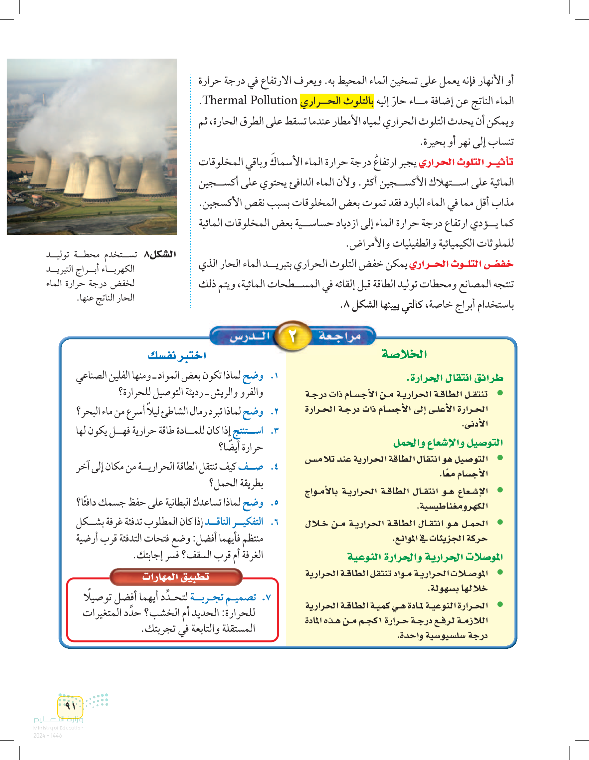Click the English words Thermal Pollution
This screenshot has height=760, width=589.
(x=250, y=101)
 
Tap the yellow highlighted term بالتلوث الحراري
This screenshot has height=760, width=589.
(x=336, y=101)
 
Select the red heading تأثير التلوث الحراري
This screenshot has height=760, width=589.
(x=466, y=162)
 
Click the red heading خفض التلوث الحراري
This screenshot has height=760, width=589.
(x=461, y=264)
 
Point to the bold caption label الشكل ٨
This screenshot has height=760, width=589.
(x=160, y=254)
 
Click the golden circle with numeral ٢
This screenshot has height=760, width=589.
(x=293, y=336)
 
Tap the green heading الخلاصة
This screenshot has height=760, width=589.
(x=404, y=354)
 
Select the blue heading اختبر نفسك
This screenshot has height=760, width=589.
(x=177, y=355)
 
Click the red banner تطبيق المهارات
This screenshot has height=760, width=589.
(x=176, y=576)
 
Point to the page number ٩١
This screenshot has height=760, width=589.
(x=70, y=706)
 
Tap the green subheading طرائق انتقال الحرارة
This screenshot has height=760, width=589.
(x=455, y=378)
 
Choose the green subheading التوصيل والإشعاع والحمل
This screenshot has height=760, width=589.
(x=448, y=443)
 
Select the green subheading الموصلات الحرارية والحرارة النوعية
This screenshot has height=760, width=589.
(x=425, y=557)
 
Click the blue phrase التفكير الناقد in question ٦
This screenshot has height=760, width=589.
(x=234, y=522)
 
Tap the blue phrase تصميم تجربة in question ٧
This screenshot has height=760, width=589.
(x=223, y=597)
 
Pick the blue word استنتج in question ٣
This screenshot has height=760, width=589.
(x=248, y=431)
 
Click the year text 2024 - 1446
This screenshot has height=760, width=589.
(x=48, y=736)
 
